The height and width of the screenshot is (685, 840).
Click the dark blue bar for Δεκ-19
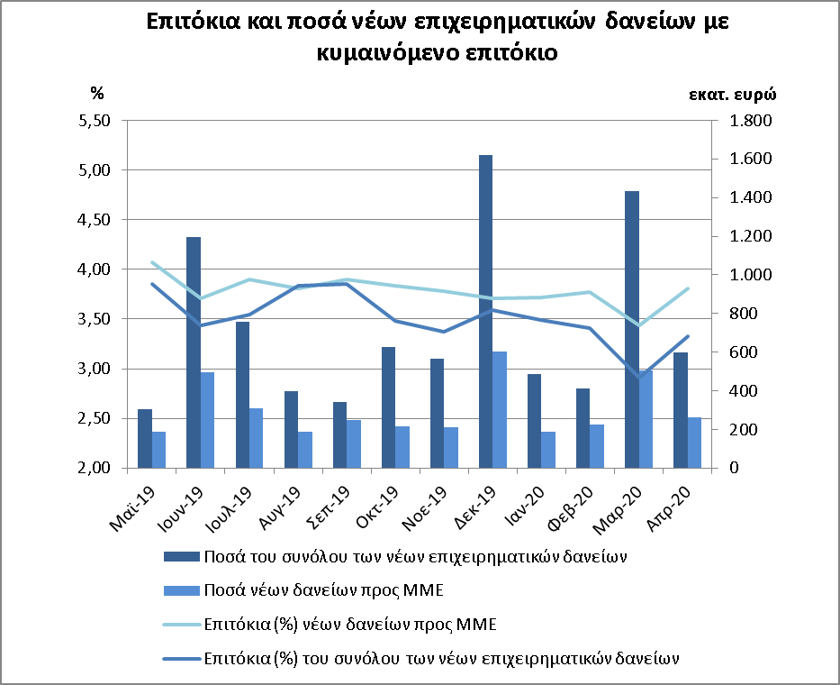(485, 312)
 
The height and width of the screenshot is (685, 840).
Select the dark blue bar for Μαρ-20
(632, 329)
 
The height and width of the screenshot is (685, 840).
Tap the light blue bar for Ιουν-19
(207, 420)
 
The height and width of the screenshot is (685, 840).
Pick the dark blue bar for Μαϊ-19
(145, 439)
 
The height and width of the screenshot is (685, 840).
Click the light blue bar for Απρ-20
(694, 443)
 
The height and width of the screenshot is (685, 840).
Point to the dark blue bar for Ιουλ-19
(242, 395)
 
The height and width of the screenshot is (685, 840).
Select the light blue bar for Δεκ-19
(500, 410)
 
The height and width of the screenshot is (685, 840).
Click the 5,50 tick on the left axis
(95, 121)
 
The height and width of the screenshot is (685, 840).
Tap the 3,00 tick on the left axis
(95, 369)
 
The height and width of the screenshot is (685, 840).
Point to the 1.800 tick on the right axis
(751, 121)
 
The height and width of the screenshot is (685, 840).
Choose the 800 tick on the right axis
(743, 314)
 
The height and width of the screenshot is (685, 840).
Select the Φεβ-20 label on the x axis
(570, 508)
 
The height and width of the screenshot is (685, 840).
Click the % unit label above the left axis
(97, 94)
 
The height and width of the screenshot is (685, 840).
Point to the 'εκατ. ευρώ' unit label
(732, 95)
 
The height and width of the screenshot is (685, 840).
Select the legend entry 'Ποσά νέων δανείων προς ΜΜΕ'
(303, 590)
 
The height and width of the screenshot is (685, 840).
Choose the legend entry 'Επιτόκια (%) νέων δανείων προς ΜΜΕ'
(330, 625)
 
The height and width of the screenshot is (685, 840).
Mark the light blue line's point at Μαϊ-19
(152, 262)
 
